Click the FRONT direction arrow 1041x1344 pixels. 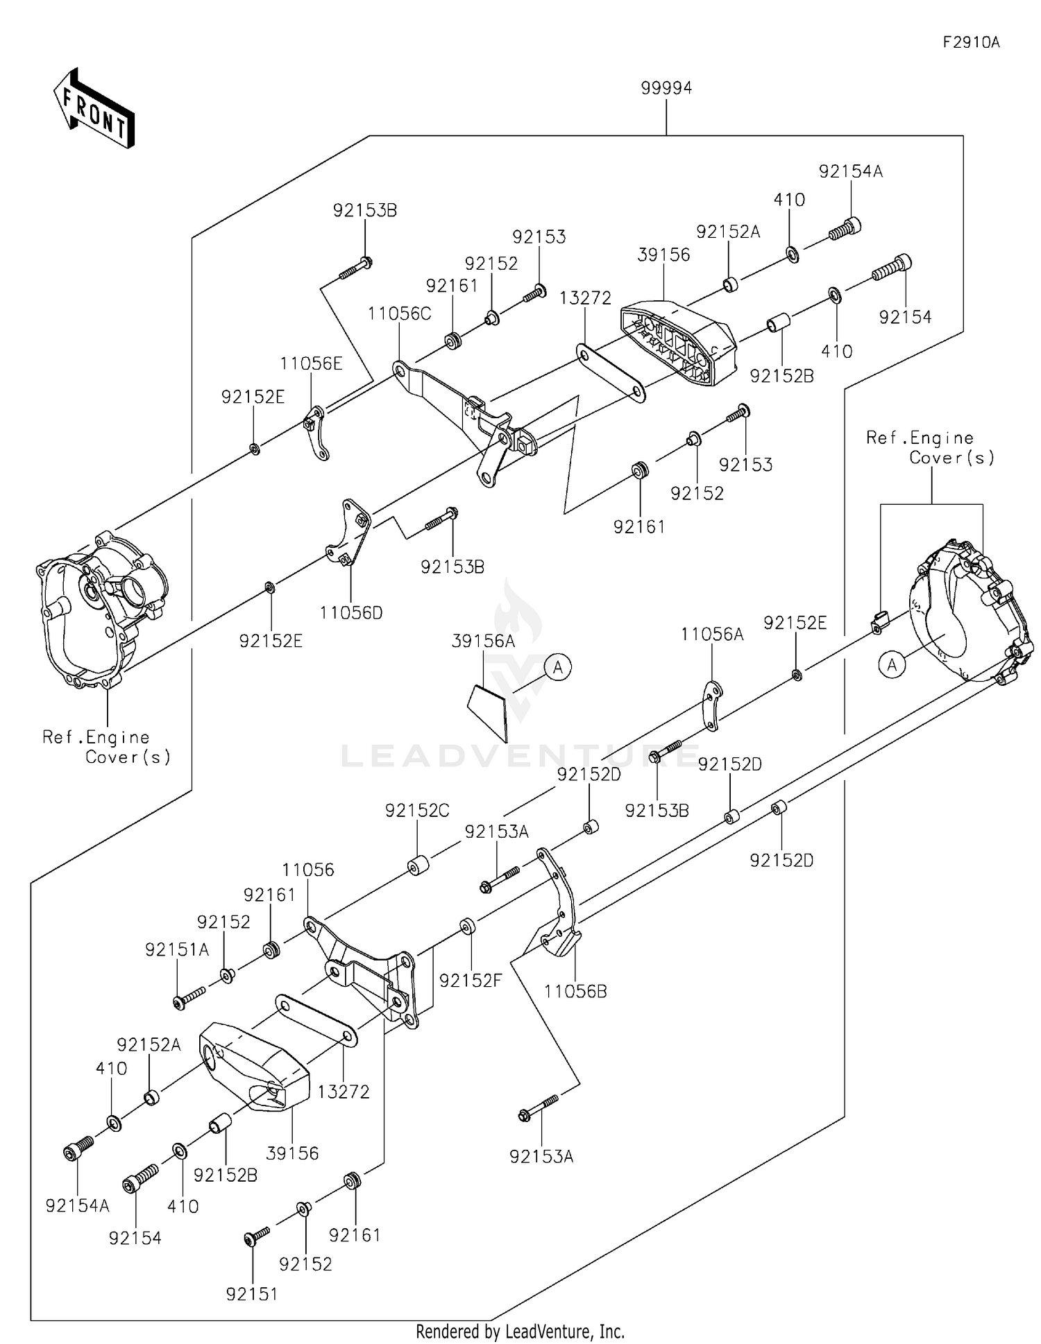pos(94,110)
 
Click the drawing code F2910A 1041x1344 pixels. pos(970,42)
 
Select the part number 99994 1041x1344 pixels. pos(666,88)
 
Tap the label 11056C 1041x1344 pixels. pos(399,313)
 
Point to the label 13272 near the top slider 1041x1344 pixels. pos(586,298)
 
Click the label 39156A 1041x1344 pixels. pos(483,641)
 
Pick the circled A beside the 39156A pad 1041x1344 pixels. pos(557,667)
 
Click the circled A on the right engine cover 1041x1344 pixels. pos(892,665)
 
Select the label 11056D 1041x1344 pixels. pos(351,612)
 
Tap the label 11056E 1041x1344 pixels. pos(311,363)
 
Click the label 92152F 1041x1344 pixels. pos(470,980)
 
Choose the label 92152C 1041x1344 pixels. pos(417,810)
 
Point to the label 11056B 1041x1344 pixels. pos(575,991)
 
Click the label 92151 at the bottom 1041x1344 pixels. pos(251,1293)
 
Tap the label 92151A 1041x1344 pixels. pos(177,949)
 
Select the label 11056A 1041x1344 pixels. pos(712,634)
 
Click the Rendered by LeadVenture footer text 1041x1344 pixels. pos(520,1331)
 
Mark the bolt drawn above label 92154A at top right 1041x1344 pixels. pos(846,230)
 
